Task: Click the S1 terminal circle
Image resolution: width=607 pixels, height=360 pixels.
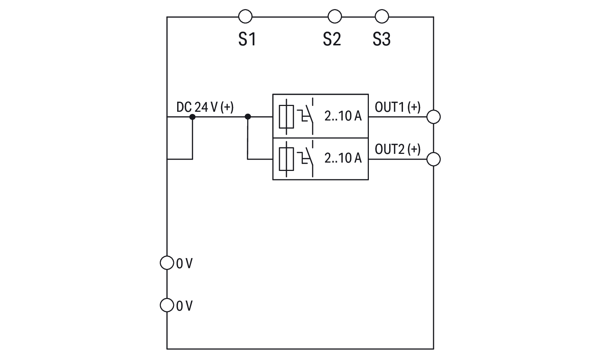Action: pos(245,17)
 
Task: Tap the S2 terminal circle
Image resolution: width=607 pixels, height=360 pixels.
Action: pos(335,17)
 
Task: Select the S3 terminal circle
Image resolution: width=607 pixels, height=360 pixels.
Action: pos(382,17)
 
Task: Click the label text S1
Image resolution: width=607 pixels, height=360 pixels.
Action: pos(247,39)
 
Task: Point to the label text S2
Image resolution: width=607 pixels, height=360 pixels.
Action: pos(332,39)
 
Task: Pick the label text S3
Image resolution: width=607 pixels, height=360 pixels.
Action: pos(382,39)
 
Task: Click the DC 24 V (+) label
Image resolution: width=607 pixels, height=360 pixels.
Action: pos(205,107)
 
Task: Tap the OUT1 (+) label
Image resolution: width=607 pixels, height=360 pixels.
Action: pos(398,107)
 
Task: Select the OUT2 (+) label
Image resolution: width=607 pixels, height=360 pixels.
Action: pos(398,149)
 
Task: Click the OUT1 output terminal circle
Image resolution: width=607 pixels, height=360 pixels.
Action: pos(433,117)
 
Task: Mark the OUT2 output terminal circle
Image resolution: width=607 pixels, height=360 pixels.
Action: pos(433,159)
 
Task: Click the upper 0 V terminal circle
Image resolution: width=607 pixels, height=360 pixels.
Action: pos(167,263)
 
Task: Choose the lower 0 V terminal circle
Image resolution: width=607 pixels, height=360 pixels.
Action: pos(167,305)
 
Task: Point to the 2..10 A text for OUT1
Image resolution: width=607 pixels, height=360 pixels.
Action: pos(343,116)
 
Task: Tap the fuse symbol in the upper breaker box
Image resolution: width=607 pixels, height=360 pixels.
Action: pos(286,117)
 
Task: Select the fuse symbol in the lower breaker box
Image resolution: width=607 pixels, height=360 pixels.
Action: pos(286,159)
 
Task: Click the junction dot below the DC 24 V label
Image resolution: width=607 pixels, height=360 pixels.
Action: pos(192,117)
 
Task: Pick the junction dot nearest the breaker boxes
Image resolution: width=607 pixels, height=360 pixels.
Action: pos(248,117)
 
